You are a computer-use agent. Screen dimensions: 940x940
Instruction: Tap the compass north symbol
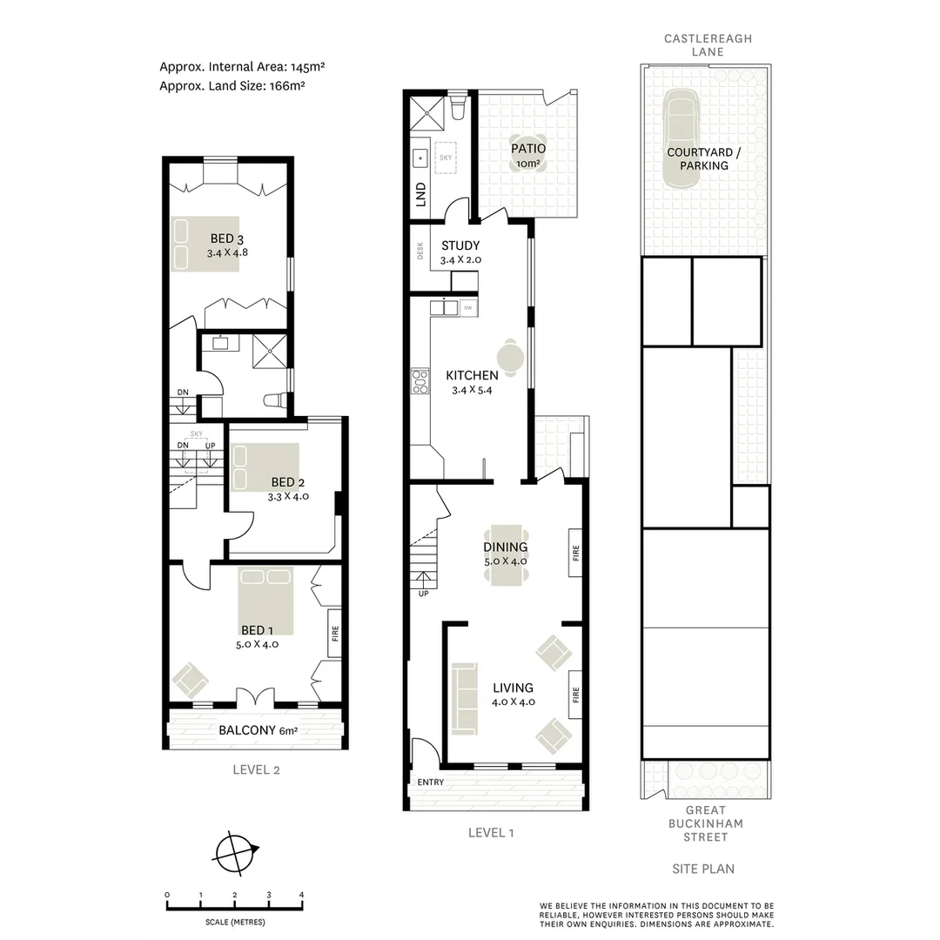point(236,852)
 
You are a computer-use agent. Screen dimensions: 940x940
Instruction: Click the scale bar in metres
point(234,906)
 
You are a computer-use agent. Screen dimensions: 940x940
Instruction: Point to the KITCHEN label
point(472,375)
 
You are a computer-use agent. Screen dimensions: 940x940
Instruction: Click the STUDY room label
point(460,245)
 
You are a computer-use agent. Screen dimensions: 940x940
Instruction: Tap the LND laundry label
point(421,192)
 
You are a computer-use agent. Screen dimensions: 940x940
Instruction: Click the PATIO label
point(528,149)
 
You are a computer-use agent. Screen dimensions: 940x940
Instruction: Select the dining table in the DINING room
point(506,554)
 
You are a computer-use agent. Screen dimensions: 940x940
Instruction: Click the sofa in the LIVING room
point(464,697)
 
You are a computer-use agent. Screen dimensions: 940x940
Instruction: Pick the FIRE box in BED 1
point(334,633)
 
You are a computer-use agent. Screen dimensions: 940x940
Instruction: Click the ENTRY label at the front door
point(430,782)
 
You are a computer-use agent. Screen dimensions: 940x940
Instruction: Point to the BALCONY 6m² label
point(258,730)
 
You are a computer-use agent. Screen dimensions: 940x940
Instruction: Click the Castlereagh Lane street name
point(708,45)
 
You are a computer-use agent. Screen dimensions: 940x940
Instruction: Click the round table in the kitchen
point(510,358)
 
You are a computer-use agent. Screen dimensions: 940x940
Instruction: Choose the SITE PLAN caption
point(703,869)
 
